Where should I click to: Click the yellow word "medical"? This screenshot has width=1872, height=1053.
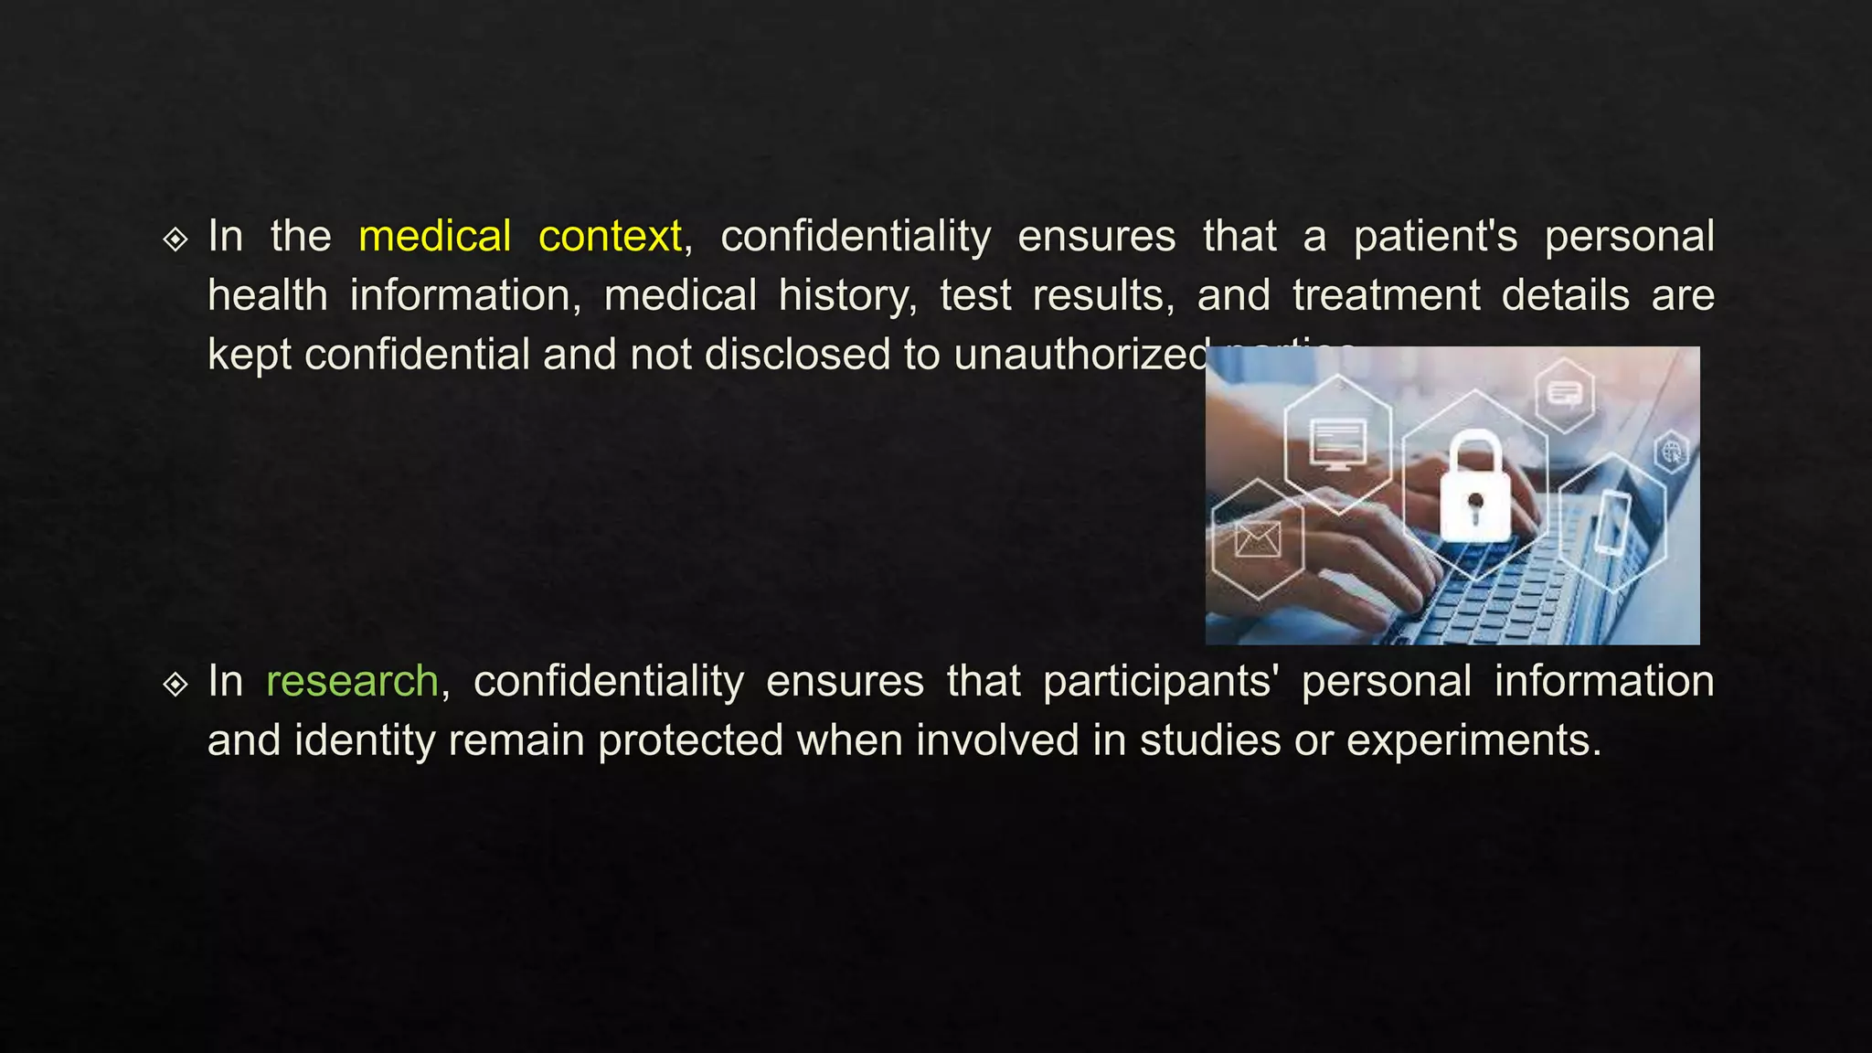click(x=434, y=236)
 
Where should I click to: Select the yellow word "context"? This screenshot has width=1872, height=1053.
click(x=610, y=236)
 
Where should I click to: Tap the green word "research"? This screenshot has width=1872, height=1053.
click(x=352, y=681)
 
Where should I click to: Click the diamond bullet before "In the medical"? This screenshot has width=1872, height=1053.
click(x=175, y=239)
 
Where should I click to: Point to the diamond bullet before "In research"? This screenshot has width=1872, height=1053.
click(x=175, y=684)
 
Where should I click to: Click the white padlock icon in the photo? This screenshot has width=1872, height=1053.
click(x=1474, y=488)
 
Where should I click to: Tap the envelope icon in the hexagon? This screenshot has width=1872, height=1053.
click(x=1258, y=539)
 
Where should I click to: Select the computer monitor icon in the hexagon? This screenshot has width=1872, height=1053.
click(x=1337, y=443)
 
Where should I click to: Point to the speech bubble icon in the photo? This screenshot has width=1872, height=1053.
click(x=1564, y=395)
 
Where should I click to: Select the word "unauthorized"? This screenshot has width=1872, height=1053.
click(x=1081, y=354)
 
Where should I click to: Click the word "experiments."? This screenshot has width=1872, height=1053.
click(x=1473, y=740)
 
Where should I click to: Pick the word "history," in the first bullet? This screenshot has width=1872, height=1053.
click(x=847, y=295)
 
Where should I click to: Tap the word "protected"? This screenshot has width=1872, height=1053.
click(x=690, y=740)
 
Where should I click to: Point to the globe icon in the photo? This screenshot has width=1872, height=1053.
click(x=1672, y=452)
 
